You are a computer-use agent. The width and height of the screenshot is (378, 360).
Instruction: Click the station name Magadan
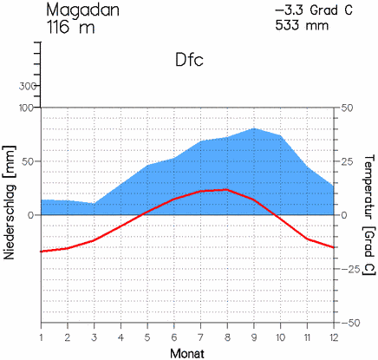point(82,10)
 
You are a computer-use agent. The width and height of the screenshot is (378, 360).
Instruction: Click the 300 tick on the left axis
point(25,87)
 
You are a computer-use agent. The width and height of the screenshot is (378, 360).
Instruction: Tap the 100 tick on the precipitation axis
point(25,108)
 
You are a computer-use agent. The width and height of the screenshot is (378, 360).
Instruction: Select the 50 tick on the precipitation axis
point(28,161)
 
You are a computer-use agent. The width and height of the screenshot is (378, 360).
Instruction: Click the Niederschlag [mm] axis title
point(10,214)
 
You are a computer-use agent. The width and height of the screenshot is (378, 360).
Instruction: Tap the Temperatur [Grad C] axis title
point(368,214)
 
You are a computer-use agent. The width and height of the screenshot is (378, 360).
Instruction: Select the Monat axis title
point(188,352)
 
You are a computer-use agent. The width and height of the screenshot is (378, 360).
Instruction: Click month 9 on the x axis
point(254,337)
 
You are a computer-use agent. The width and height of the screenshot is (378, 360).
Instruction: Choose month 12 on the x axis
point(333,337)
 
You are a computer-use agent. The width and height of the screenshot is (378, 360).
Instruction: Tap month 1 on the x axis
point(42,337)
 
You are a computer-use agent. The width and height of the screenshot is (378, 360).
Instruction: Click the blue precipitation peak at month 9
point(254,128)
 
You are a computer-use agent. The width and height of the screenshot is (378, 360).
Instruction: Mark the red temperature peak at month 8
point(227,189)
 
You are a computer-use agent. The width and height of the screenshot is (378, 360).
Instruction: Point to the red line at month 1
point(42,252)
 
